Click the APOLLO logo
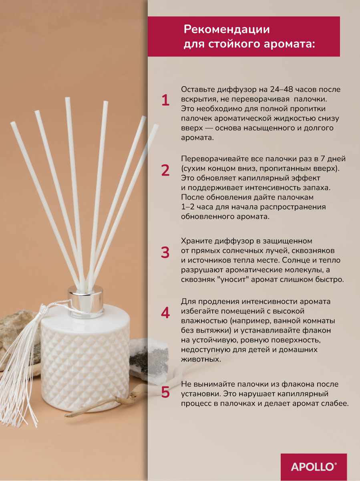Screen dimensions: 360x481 coord(314,467)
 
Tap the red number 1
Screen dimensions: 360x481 coord(166,100)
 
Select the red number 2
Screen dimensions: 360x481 coord(165,170)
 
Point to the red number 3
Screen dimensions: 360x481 coord(165,253)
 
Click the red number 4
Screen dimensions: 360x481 coord(165,313)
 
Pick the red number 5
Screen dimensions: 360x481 coord(165,392)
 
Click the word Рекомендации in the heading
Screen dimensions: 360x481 coord(227,29)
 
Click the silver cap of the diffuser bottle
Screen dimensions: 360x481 coord(85,301)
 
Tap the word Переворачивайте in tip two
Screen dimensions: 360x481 coord(214,159)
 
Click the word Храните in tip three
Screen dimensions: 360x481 coord(197,241)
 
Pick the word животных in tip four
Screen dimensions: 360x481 coord(201,360)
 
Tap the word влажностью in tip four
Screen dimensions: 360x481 coord(204,321)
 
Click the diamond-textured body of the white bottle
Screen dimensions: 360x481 coord(85,362)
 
